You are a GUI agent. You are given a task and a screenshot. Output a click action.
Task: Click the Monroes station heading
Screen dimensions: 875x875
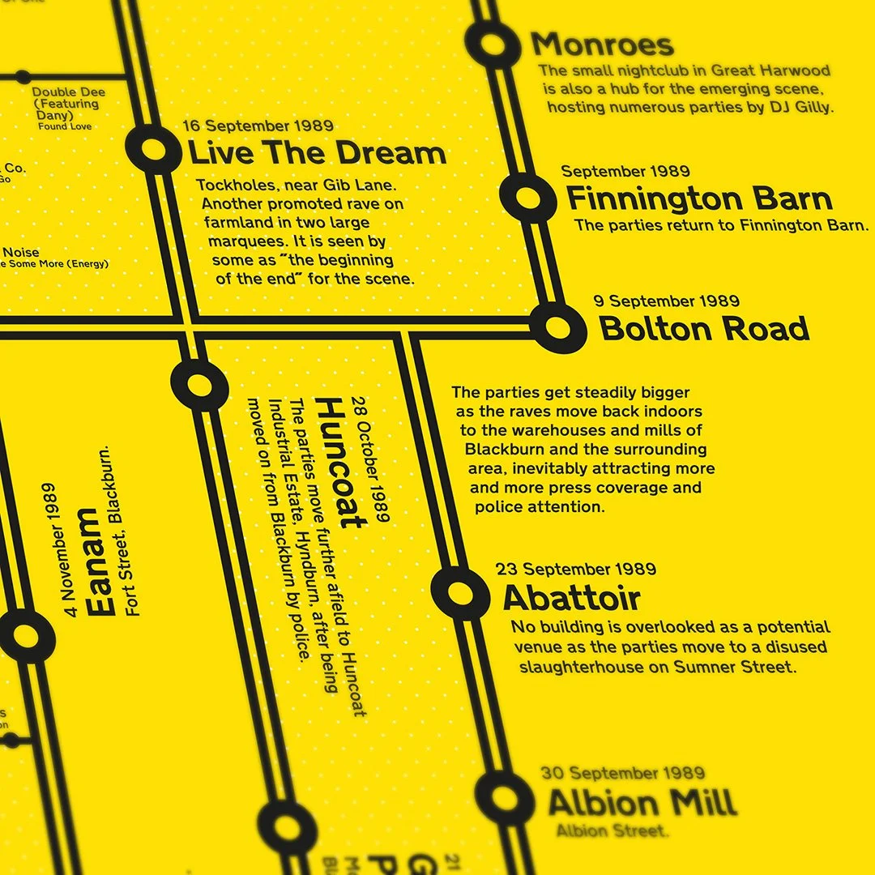[602, 45]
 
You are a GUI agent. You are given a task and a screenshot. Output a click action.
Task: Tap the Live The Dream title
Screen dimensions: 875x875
[317, 153]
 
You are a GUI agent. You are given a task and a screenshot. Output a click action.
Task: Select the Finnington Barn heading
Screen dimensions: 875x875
[698, 198]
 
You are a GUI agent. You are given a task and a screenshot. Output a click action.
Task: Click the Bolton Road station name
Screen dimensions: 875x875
[704, 329]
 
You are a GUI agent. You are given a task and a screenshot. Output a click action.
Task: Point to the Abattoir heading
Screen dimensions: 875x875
[571, 599]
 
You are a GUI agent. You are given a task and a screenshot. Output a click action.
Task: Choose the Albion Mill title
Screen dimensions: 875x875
[642, 803]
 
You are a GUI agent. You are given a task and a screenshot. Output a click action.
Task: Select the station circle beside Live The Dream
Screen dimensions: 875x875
[154, 149]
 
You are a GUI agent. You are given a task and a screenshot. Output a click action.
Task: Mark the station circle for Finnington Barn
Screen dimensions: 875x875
[525, 197]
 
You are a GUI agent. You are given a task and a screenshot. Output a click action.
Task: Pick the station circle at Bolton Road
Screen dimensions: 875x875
[558, 327]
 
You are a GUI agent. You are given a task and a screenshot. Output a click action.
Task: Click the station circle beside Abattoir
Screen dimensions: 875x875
[459, 592]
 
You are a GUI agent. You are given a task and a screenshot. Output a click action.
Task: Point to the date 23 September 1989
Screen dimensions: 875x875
[579, 569]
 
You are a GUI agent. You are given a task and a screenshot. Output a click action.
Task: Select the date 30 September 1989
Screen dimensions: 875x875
[623, 773]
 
